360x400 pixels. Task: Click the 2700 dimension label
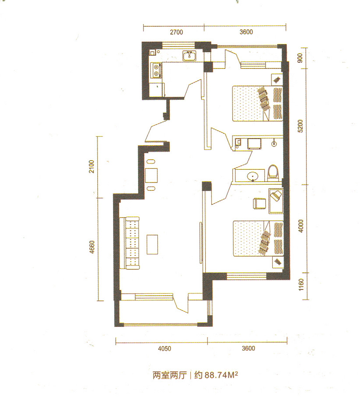[x=176, y=32]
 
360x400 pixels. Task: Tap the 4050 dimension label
[x=164, y=349]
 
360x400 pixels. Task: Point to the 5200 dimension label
[x=300, y=126]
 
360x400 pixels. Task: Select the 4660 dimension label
[x=92, y=247]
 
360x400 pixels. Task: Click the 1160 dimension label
[x=301, y=285]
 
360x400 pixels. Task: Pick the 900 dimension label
[x=300, y=58]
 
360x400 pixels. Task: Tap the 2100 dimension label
[x=92, y=167]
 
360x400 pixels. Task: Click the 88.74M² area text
[x=216, y=375]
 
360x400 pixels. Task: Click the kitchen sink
[x=189, y=56]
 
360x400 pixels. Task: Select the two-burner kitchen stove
[x=157, y=71]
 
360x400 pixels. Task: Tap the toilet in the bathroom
[x=273, y=173]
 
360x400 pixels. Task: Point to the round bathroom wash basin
[x=253, y=176]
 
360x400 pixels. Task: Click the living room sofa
[x=132, y=243]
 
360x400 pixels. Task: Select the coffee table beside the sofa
[x=152, y=244]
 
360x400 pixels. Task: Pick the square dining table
[x=151, y=175]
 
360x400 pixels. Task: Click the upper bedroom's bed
[x=257, y=104]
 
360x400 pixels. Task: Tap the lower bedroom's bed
[x=258, y=238]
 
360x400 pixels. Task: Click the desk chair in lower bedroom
[x=260, y=204]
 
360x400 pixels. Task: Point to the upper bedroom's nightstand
[x=277, y=79]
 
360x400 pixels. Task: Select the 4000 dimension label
[x=301, y=226]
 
